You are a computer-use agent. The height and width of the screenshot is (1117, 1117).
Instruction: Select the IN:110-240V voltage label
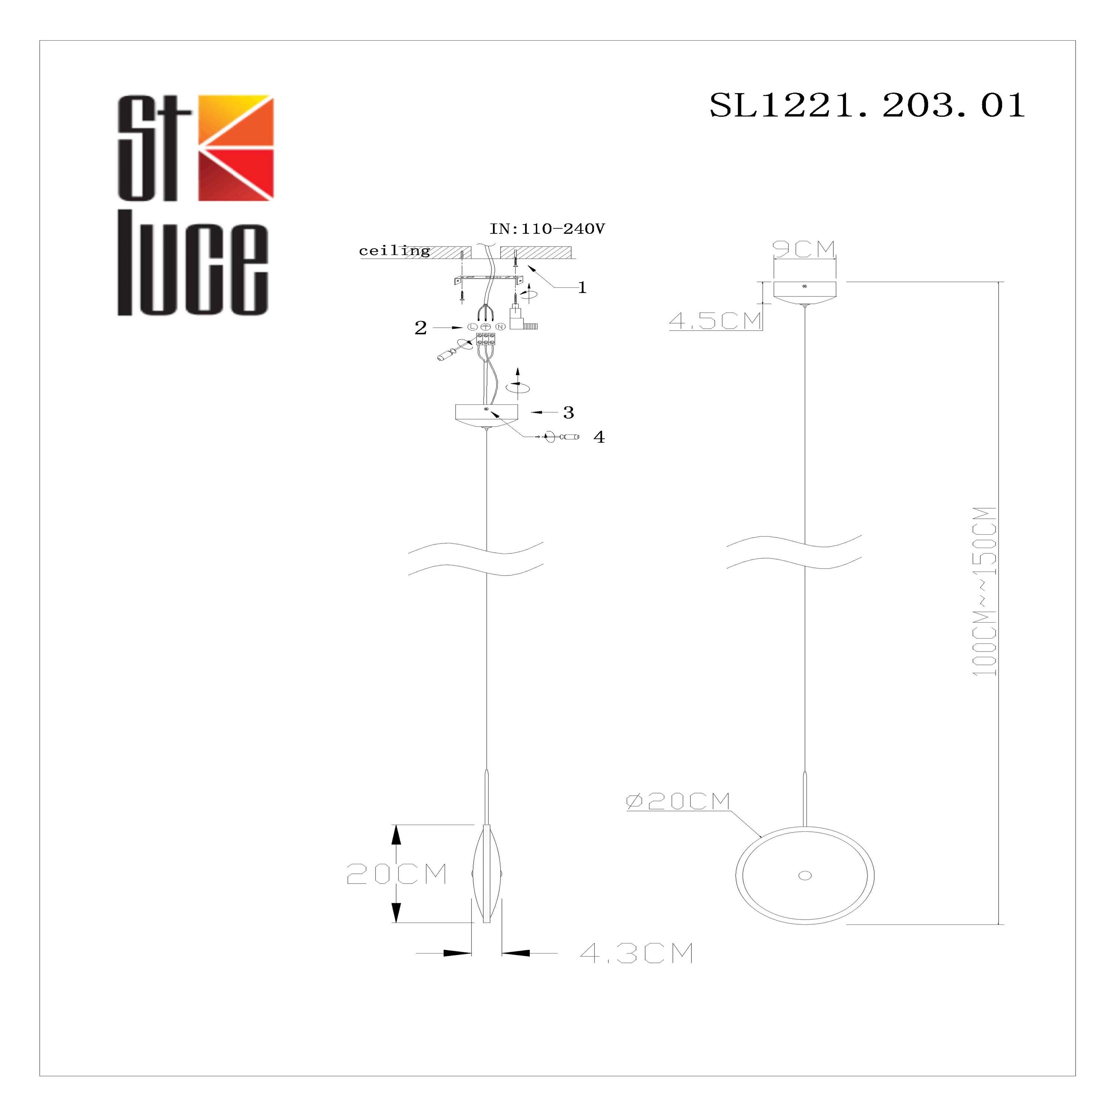pyautogui.click(x=547, y=229)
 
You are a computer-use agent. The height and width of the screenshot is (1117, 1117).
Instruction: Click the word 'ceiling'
pyautogui.click(x=394, y=251)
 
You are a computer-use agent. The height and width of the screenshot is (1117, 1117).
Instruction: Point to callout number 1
pyautogui.click(x=582, y=287)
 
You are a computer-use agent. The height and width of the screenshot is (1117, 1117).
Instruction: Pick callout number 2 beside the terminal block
pyautogui.click(x=420, y=328)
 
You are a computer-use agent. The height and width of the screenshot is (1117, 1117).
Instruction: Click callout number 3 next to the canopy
pyautogui.click(x=568, y=412)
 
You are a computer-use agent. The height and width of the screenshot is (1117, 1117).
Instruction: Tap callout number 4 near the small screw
pyautogui.click(x=599, y=437)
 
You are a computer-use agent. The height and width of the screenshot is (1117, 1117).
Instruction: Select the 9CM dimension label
pyautogui.click(x=804, y=249)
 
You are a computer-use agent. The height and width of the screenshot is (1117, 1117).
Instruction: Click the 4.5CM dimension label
pyautogui.click(x=715, y=321)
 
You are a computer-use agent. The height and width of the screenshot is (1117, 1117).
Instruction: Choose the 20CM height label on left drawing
pyautogui.click(x=397, y=874)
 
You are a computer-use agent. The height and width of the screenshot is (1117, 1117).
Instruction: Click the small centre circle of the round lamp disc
pyautogui.click(x=805, y=875)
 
